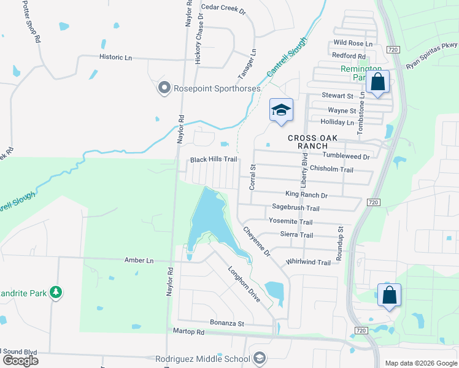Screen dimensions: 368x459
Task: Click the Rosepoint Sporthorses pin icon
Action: click(x=164, y=89)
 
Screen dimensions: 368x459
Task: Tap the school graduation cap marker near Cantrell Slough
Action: click(x=281, y=110)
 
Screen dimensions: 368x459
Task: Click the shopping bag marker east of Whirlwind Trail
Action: click(x=390, y=296)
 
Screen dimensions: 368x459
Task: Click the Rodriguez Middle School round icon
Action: click(x=260, y=358)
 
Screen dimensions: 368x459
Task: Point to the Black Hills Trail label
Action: click(x=214, y=159)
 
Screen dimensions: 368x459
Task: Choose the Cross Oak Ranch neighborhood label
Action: click(x=313, y=142)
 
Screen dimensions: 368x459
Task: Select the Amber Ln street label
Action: click(x=139, y=261)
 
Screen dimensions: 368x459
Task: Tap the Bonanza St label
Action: click(x=227, y=323)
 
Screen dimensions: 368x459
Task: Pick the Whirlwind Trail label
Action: click(x=308, y=263)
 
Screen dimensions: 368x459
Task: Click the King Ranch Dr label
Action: click(x=306, y=195)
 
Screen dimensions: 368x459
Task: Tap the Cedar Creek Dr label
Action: click(x=223, y=10)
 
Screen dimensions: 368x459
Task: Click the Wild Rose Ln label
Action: click(x=352, y=44)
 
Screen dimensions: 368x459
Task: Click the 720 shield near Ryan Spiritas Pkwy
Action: click(x=393, y=49)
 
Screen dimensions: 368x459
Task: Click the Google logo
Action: click(x=20, y=361)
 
